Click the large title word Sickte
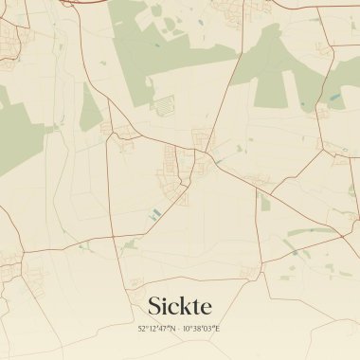(180, 306)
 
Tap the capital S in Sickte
(154, 306)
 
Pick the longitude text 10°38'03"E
(201, 328)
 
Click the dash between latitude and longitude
(178, 328)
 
